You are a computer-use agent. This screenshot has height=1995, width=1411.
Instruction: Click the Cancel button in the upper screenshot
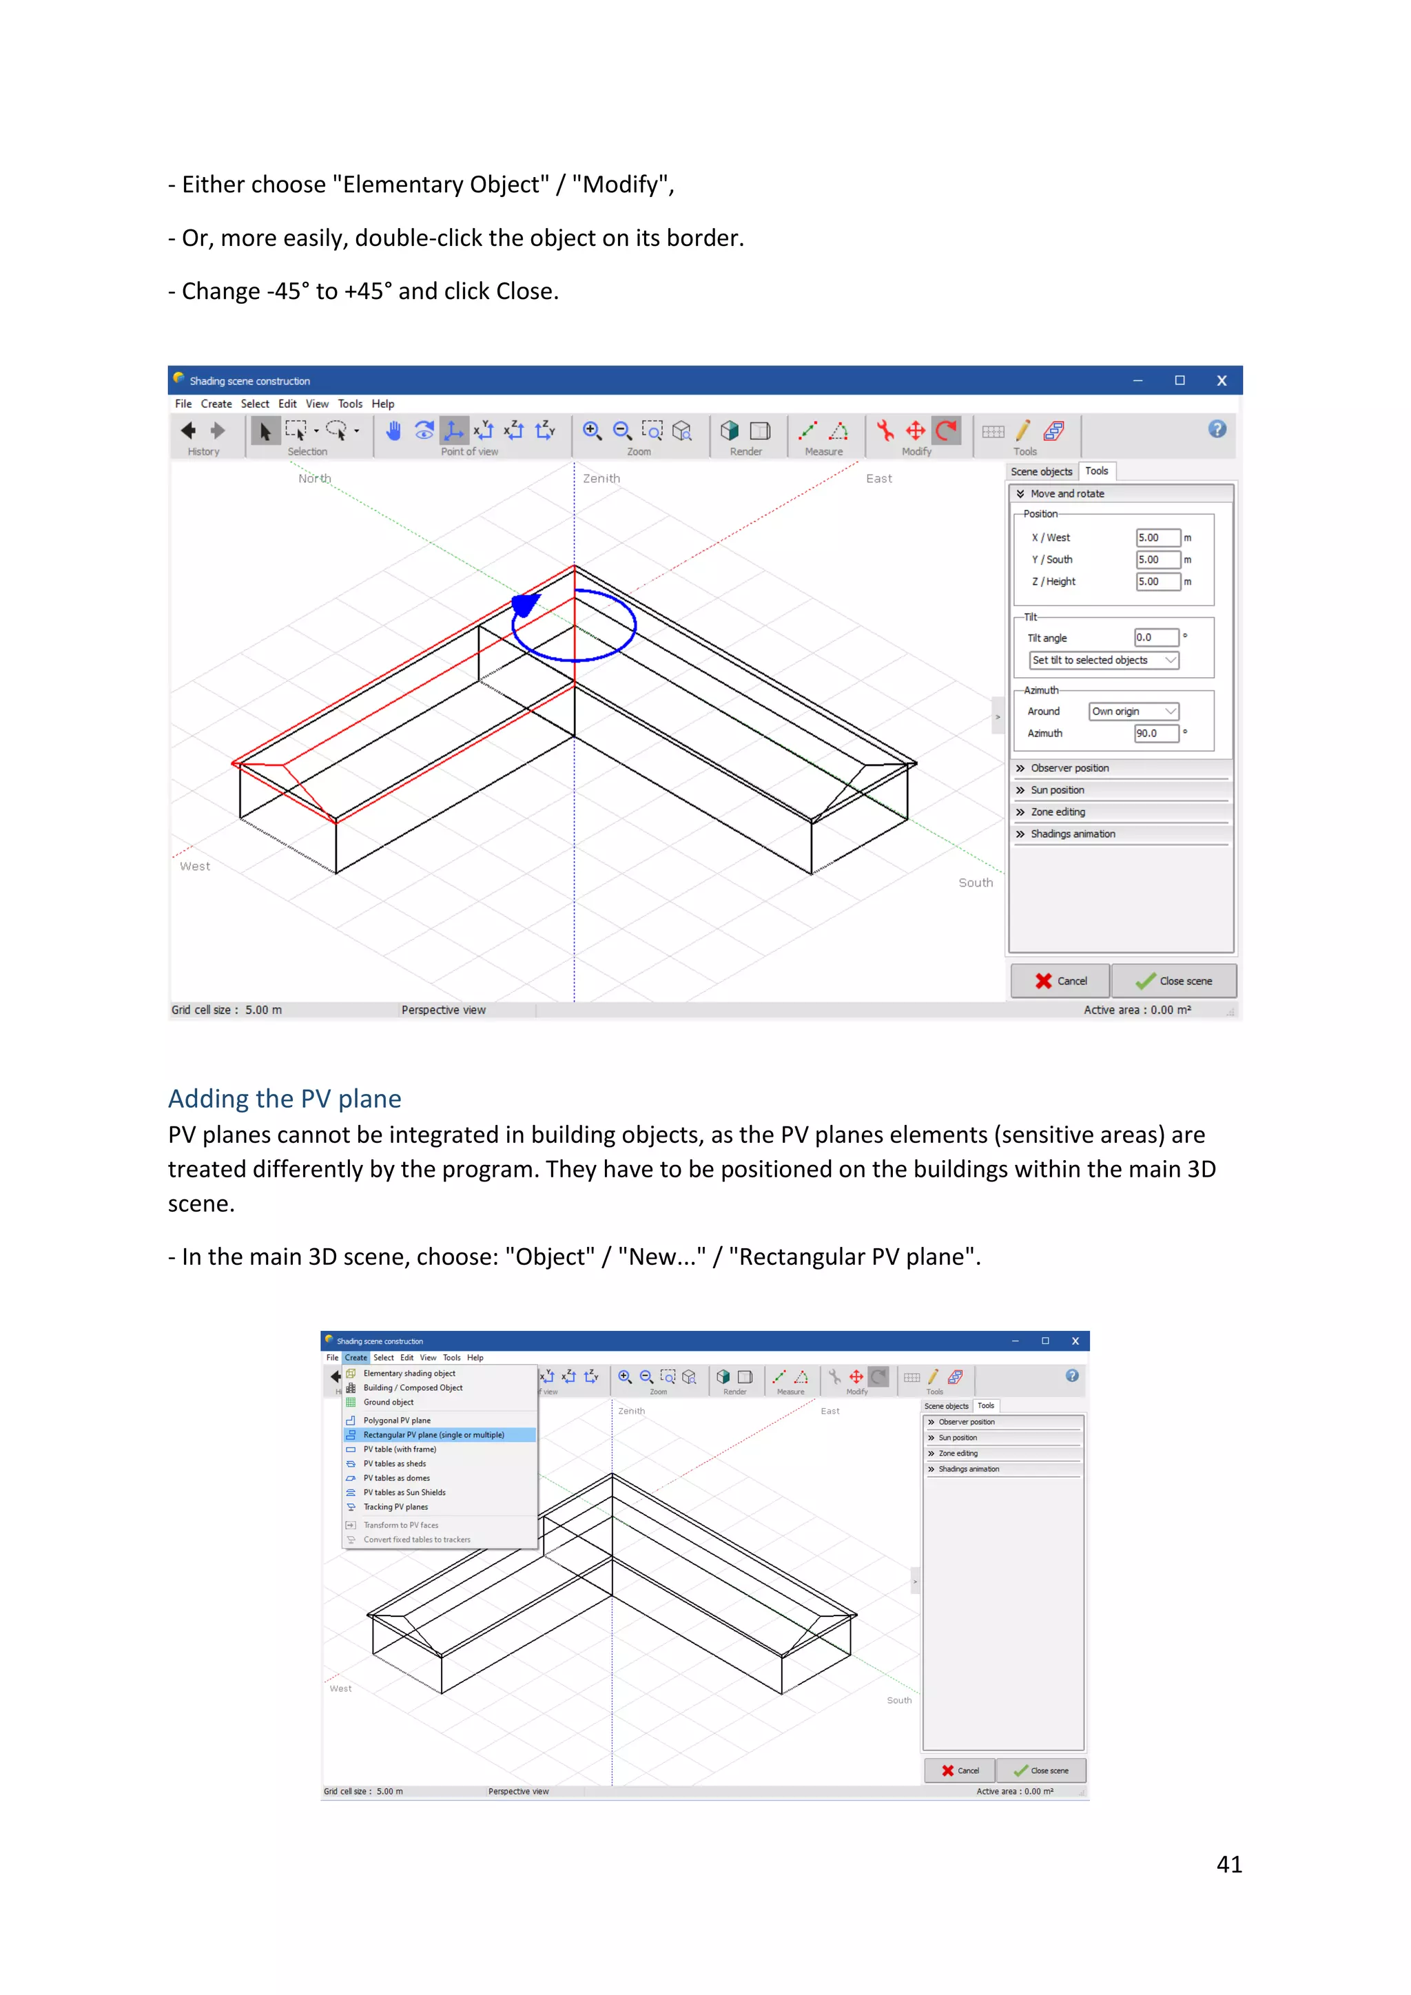pyautogui.click(x=1060, y=981)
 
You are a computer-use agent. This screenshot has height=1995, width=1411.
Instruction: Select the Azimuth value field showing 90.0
pyautogui.click(x=1155, y=734)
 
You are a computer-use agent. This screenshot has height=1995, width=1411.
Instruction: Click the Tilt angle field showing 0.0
pyautogui.click(x=1155, y=638)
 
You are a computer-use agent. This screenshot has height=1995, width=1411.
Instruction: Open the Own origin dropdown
pyautogui.click(x=1133, y=712)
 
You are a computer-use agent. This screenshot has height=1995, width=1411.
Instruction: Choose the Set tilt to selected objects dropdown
pyautogui.click(x=1104, y=661)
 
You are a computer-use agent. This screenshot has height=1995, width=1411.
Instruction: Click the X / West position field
pyautogui.click(x=1157, y=538)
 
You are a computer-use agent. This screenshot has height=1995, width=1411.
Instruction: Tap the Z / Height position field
pyautogui.click(x=1157, y=582)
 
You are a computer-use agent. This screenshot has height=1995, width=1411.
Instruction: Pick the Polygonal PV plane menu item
pyautogui.click(x=397, y=1420)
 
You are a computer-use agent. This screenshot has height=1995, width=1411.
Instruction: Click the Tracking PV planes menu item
pyautogui.click(x=395, y=1507)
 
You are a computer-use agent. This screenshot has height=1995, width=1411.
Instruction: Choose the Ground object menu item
pyautogui.click(x=389, y=1403)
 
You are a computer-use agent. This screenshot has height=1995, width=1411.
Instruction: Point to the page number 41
pyautogui.click(x=1228, y=1865)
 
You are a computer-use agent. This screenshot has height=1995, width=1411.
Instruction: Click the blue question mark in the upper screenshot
pyautogui.click(x=1217, y=429)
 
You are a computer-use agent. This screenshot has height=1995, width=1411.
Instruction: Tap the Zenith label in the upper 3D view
pyautogui.click(x=601, y=479)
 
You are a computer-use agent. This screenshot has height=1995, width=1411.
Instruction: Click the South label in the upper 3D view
pyautogui.click(x=975, y=883)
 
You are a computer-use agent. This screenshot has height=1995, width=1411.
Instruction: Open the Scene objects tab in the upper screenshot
pyautogui.click(x=1041, y=472)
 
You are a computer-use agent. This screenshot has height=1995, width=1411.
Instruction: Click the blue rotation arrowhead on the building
pyautogui.click(x=526, y=603)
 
